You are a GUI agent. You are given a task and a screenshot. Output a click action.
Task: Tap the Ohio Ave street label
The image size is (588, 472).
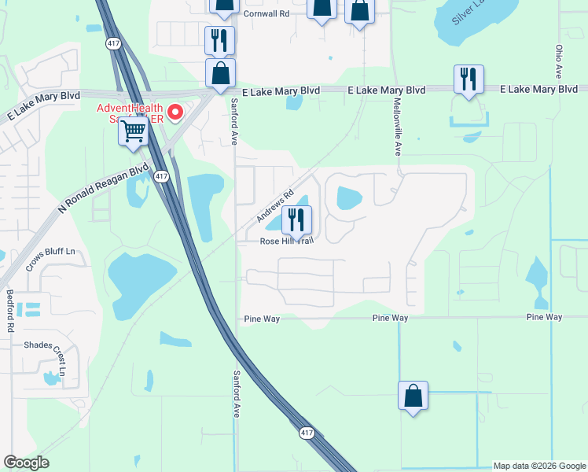coord(559,59)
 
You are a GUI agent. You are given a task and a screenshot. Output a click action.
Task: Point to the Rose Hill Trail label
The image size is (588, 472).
coord(287,242)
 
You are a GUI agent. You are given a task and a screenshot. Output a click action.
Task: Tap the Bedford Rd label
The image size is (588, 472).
coord(10,307)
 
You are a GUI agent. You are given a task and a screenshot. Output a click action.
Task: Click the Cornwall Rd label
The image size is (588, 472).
coord(266,13)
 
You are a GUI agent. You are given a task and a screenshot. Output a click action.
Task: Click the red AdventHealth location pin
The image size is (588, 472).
coord(176,112)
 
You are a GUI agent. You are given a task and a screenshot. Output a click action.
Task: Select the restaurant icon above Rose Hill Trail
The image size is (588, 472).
coord(296,219)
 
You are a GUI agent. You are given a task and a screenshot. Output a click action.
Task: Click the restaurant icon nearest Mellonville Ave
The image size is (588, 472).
coord(469,79)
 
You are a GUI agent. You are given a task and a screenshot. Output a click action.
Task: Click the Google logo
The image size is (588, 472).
coord(27,463)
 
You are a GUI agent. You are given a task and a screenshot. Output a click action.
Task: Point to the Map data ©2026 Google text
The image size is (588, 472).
coord(538,466)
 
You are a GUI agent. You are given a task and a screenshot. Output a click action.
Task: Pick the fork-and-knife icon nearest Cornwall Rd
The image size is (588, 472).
coord(219,40)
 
